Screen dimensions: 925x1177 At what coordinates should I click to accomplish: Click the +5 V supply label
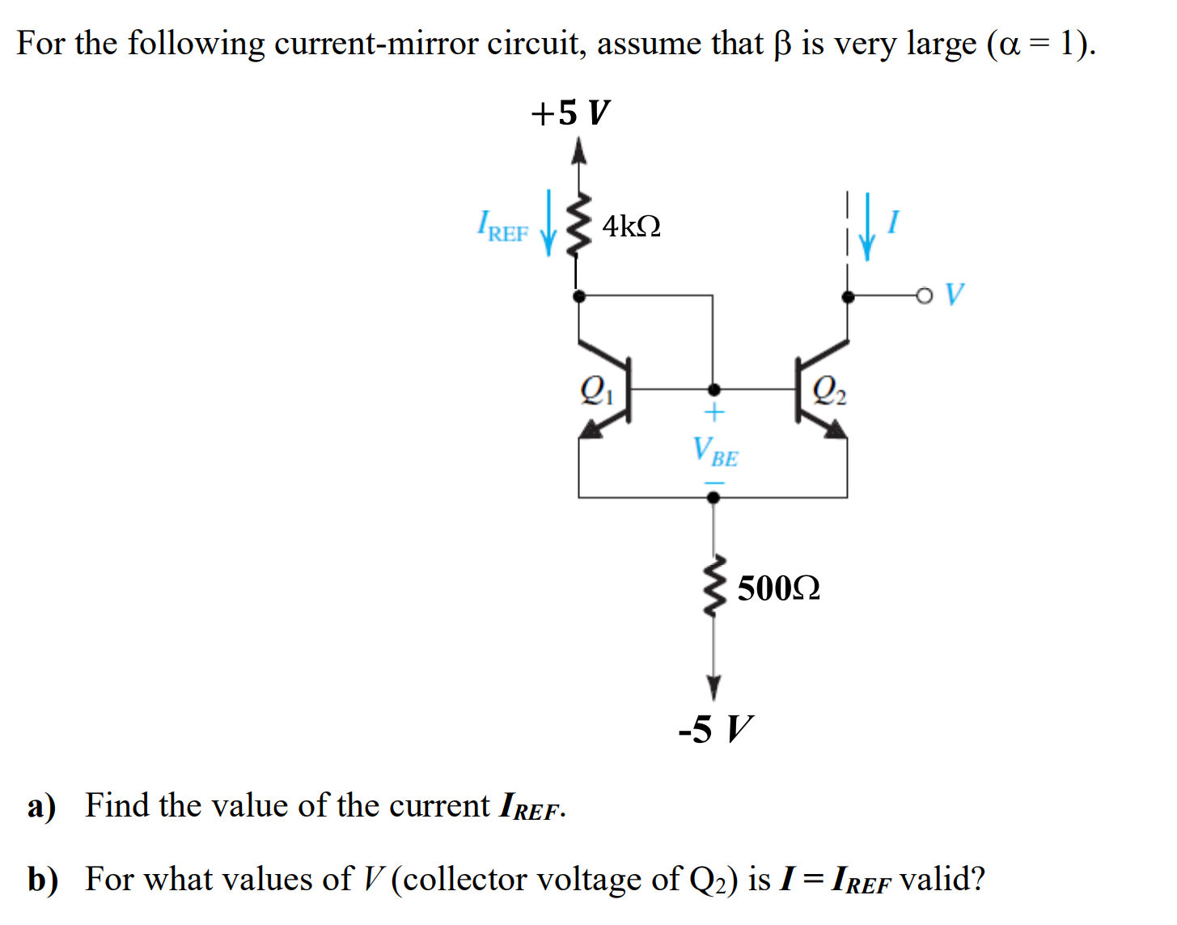pyautogui.click(x=570, y=112)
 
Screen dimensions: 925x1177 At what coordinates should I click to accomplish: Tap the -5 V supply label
pyautogui.click(x=715, y=729)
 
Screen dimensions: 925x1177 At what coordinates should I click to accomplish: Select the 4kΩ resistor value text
pyautogui.click(x=631, y=226)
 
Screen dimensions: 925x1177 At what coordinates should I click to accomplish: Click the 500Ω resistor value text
pyautogui.click(x=778, y=588)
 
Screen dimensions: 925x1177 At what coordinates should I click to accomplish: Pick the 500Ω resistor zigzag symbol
pyautogui.click(x=713, y=586)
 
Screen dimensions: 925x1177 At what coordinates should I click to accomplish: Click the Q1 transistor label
pyautogui.click(x=597, y=390)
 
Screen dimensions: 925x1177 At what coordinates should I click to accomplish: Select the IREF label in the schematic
pyautogui.click(x=502, y=227)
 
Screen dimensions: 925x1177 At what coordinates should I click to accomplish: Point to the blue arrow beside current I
pyautogui.click(x=867, y=227)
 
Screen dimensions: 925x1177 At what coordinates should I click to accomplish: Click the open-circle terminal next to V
pyautogui.click(x=923, y=296)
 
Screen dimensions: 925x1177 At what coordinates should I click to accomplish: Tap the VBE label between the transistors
pyautogui.click(x=715, y=452)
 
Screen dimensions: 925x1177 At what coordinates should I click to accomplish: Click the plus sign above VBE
pyautogui.click(x=714, y=413)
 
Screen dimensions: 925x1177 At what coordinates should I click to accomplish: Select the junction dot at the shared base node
pyautogui.click(x=713, y=390)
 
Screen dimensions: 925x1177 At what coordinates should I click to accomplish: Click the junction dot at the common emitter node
pyautogui.click(x=713, y=497)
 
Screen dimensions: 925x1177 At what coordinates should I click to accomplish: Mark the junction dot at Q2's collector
pyautogui.click(x=847, y=297)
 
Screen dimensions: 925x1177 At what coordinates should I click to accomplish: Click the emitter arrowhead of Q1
pyautogui.click(x=591, y=428)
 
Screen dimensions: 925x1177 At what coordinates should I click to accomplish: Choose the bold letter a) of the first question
pyautogui.click(x=41, y=808)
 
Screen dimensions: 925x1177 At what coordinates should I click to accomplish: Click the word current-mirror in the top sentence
pyautogui.click(x=376, y=43)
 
